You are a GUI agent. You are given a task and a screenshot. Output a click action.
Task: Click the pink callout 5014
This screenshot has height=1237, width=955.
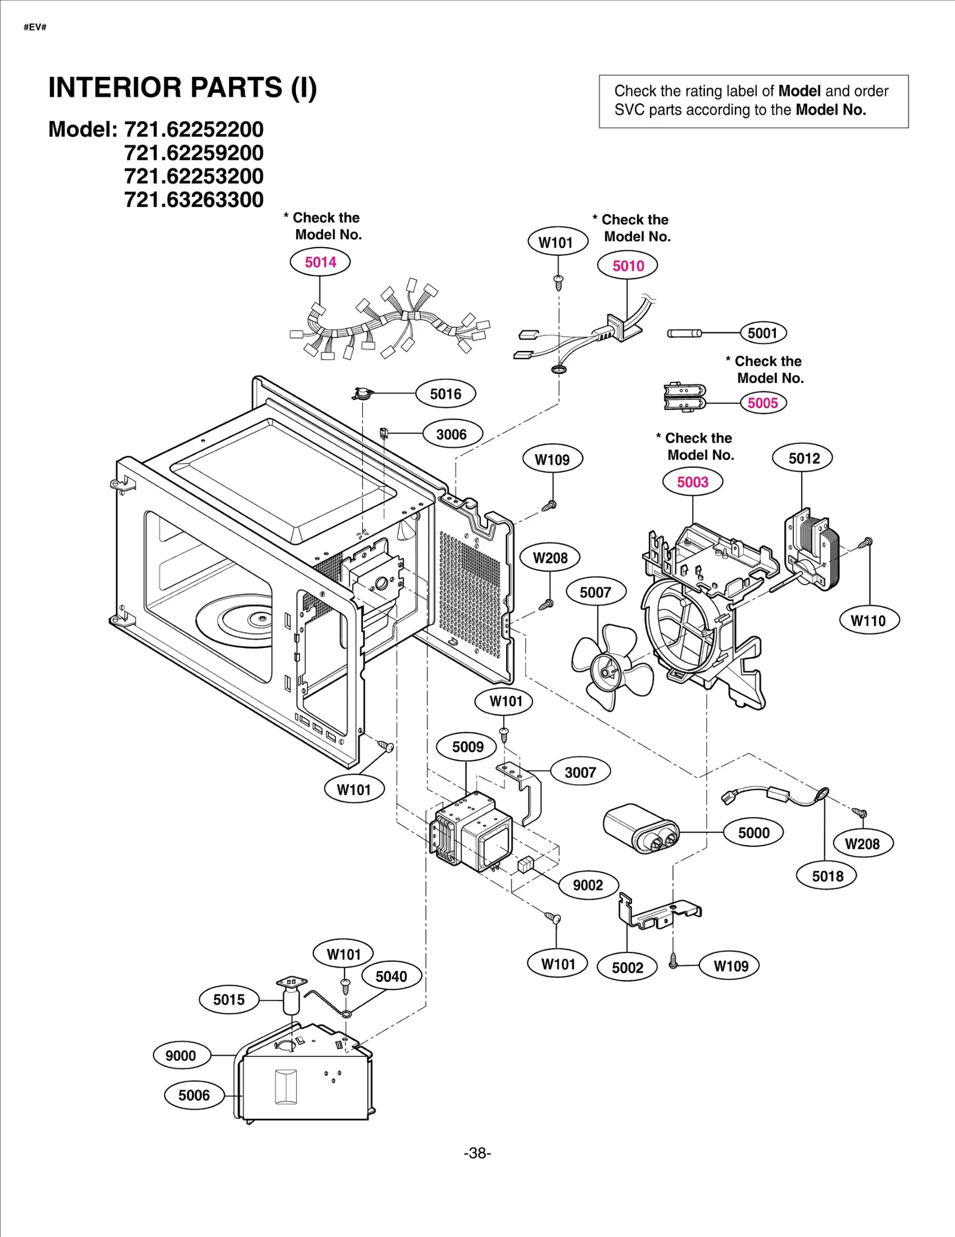320,262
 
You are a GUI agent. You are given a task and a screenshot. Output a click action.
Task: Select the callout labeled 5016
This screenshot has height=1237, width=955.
445,394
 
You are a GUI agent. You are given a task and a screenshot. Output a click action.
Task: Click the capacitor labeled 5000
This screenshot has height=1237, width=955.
640,828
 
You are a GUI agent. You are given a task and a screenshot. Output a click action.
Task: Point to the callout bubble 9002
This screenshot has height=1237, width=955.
587,885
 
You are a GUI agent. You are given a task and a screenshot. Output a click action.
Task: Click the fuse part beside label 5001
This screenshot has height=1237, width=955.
684,333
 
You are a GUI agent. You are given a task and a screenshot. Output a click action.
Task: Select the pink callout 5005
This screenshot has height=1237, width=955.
763,403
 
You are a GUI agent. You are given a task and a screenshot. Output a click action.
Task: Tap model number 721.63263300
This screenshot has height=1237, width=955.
193,199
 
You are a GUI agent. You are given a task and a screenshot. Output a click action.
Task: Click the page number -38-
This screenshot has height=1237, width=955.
477,1153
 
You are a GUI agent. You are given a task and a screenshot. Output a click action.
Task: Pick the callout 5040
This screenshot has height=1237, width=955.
391,976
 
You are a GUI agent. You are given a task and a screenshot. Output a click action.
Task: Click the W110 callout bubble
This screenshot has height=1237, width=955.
868,621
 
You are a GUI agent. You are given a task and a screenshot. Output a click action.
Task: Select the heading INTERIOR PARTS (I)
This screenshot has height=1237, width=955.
182,88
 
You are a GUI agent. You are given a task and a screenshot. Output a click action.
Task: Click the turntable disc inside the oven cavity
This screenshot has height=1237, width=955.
236,621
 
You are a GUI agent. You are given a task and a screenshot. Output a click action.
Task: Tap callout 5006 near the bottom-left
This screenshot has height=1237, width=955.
193,1095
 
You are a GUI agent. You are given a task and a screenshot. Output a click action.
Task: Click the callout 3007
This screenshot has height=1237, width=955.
580,772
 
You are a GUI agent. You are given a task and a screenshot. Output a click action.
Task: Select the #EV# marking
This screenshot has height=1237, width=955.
35,27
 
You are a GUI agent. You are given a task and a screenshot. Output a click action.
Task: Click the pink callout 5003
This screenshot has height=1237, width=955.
692,482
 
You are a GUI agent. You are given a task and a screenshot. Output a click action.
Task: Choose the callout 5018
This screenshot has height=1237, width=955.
827,876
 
